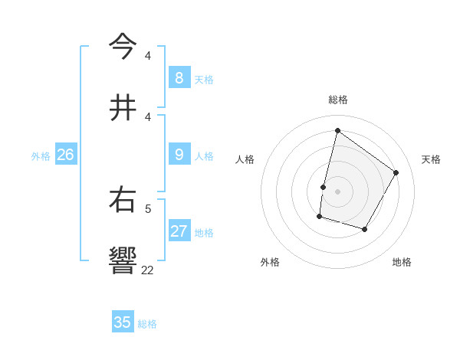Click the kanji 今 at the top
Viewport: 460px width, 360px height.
pyautogui.click(x=123, y=47)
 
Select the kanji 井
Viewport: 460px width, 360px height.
pyautogui.click(x=123, y=108)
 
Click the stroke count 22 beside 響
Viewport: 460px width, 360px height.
pyautogui.click(x=147, y=270)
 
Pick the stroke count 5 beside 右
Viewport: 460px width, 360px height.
pyautogui.click(x=147, y=208)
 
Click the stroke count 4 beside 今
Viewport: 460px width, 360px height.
pyautogui.click(x=147, y=55)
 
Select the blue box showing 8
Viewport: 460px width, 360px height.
pyautogui.click(x=179, y=78)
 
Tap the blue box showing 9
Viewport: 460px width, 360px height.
pyautogui.click(x=179, y=155)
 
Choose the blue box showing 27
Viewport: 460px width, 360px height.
pyautogui.click(x=179, y=231)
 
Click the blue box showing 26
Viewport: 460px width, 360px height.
pyautogui.click(x=65, y=155)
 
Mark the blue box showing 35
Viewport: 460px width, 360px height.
pyautogui.click(x=123, y=322)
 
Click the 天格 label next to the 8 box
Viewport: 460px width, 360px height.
pyautogui.click(x=204, y=80)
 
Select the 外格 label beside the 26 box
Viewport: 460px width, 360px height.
pyautogui.click(x=41, y=156)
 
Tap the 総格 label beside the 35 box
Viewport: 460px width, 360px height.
pyautogui.click(x=147, y=324)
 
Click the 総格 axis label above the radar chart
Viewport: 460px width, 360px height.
pyautogui.click(x=337, y=100)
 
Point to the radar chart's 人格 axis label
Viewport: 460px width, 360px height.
pyautogui.click(x=245, y=159)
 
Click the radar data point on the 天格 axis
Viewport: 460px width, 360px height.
pyautogui.click(x=396, y=172)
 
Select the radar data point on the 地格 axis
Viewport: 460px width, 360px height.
pyautogui.click(x=365, y=229)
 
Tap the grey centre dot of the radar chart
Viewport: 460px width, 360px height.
pyautogui.click(x=337, y=191)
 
